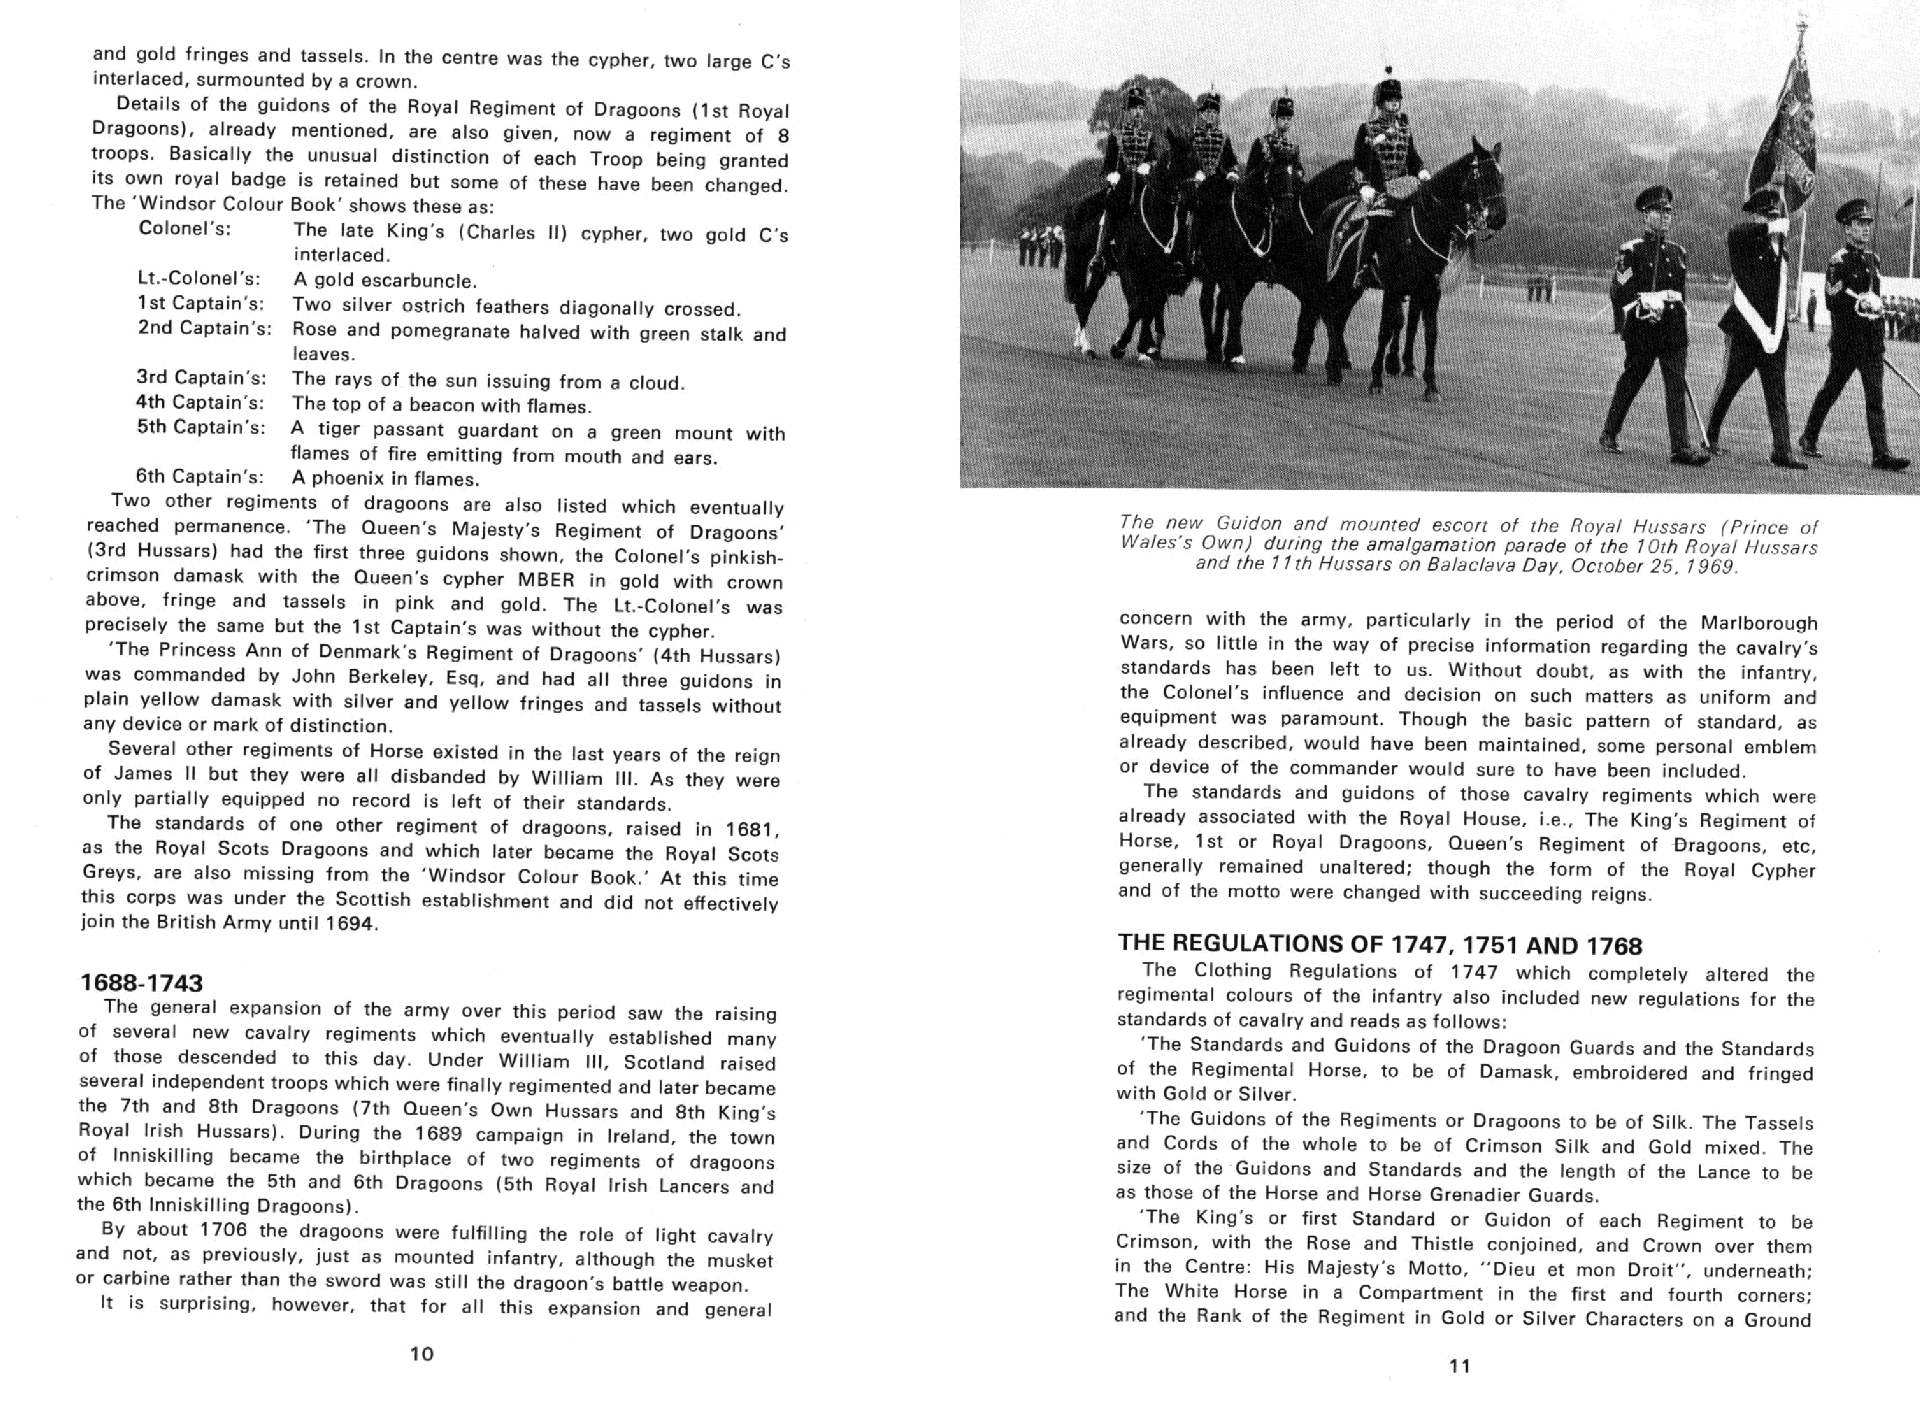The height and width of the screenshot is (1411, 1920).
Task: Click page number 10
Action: point(422,1354)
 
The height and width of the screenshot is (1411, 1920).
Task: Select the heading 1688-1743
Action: point(142,983)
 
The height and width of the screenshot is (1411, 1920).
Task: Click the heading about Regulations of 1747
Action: point(1379,945)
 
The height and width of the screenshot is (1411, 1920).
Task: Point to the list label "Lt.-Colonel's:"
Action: point(199,278)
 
